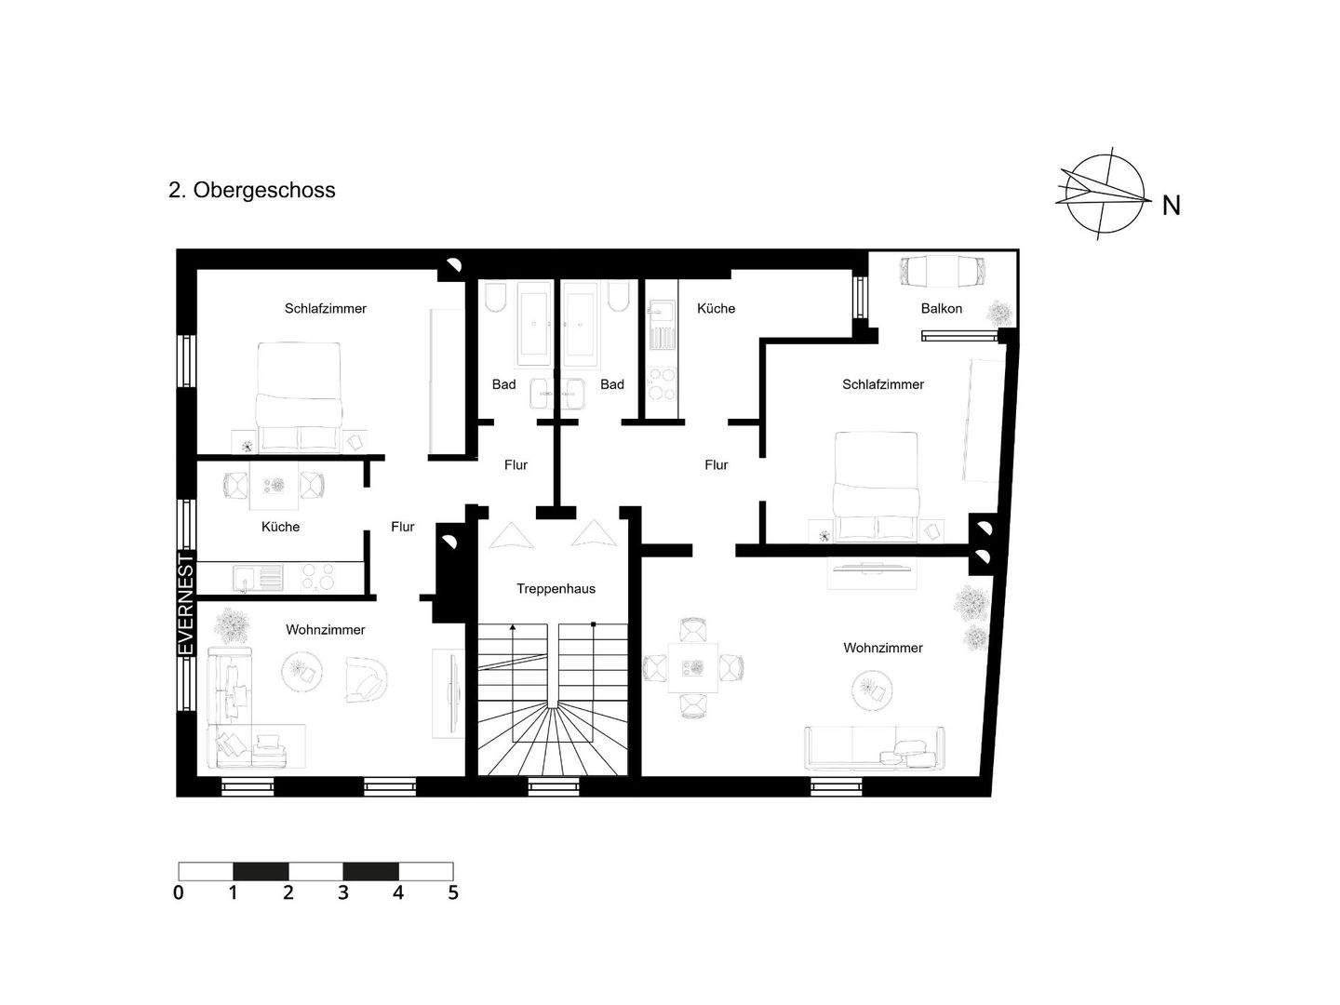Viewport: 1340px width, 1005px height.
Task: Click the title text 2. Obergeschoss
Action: [x=251, y=190]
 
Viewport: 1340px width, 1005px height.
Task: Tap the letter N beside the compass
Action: [x=1171, y=205]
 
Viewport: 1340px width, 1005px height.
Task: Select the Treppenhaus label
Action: [x=556, y=588]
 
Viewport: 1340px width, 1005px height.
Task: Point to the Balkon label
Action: [x=941, y=308]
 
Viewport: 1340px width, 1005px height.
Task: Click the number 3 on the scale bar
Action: [x=343, y=892]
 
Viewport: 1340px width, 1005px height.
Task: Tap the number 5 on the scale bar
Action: [x=453, y=892]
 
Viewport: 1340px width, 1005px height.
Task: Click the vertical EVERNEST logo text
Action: [x=186, y=605]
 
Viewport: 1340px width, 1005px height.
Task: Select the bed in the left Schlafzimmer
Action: [x=299, y=395]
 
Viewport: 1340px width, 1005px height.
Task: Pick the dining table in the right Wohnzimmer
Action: [x=693, y=667]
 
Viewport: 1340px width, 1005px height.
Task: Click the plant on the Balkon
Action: [x=999, y=312]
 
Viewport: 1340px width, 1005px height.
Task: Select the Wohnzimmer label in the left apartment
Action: [x=325, y=630]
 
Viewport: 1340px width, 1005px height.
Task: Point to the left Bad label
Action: [x=503, y=384]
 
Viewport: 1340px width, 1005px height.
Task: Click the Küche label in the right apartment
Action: [x=716, y=308]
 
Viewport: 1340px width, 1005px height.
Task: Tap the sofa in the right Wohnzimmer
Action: [x=874, y=748]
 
